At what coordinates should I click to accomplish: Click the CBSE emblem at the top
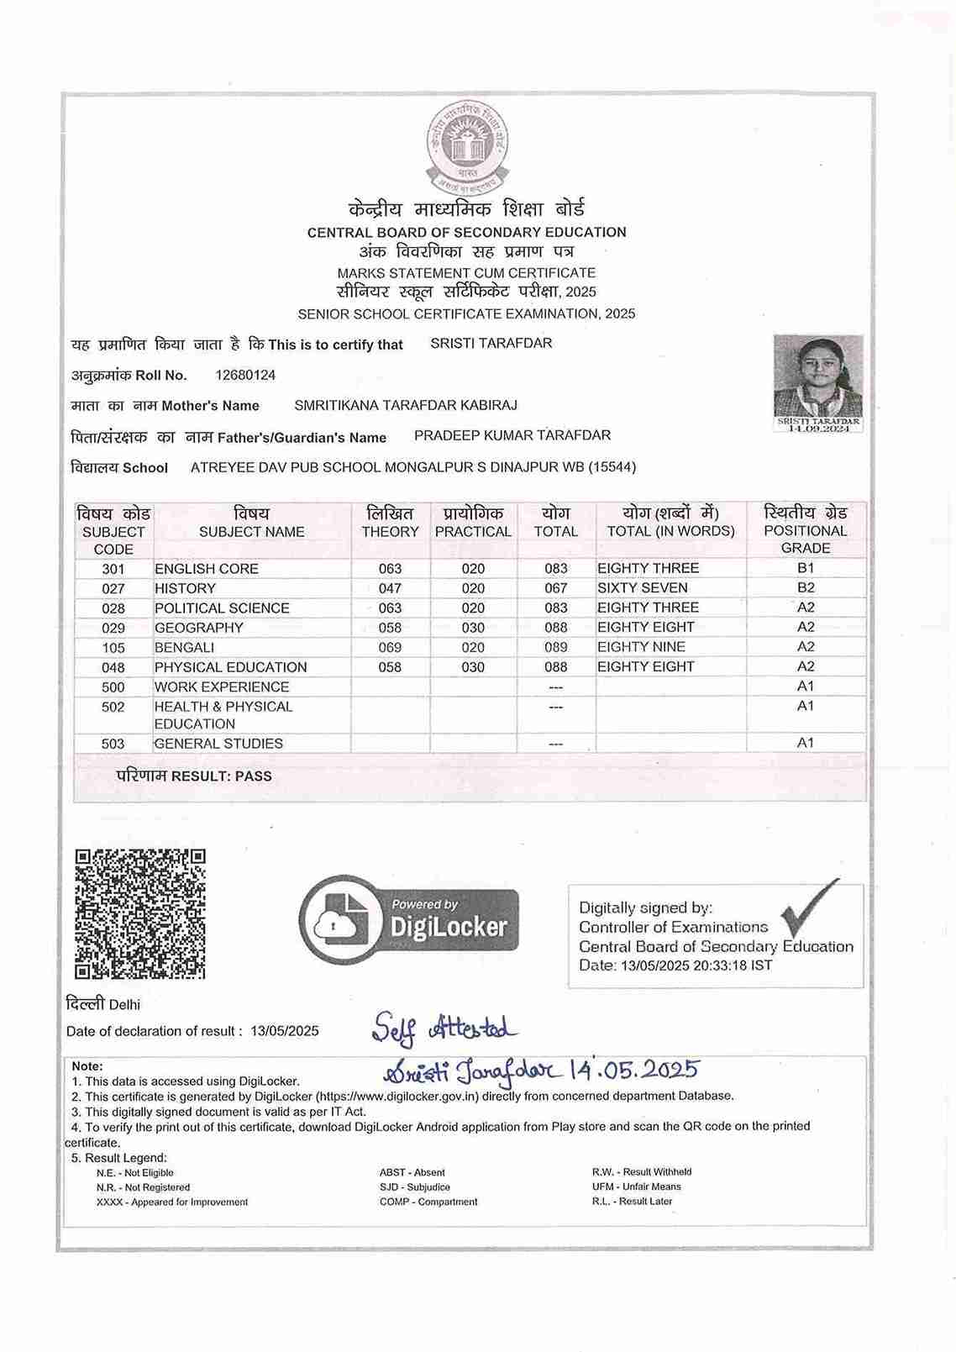[467, 148]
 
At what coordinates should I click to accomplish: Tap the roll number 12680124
[245, 375]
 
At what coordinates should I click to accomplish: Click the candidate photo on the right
[818, 377]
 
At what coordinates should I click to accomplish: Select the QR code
[140, 914]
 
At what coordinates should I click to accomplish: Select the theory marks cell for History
[390, 588]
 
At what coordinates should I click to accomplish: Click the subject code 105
[113, 648]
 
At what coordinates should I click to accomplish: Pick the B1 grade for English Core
[806, 568]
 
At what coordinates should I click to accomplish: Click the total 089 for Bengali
[555, 648]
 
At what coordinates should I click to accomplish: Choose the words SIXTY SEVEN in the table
[643, 588]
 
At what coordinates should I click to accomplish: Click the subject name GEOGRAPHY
[199, 628]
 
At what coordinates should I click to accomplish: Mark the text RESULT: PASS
[222, 776]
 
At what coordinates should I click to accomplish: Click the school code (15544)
[612, 467]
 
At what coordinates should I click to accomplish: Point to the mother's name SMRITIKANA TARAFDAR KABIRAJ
[406, 405]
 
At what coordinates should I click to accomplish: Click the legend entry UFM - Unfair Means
[637, 1186]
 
